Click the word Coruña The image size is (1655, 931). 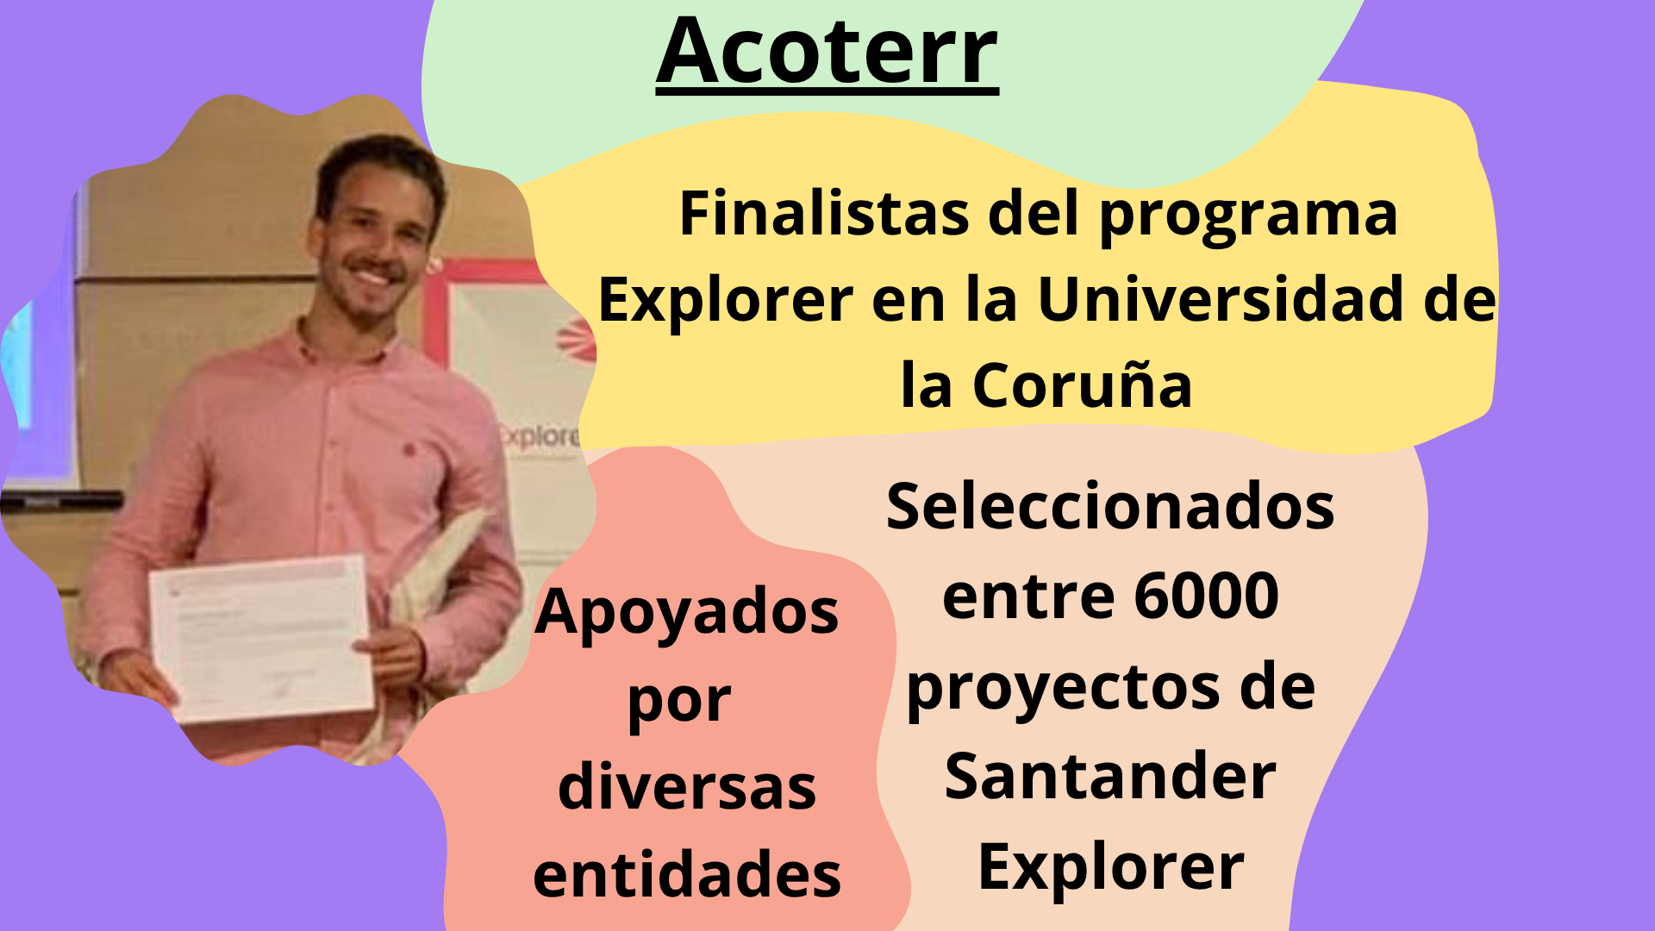click(1083, 384)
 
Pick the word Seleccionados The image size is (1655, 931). click(1110, 506)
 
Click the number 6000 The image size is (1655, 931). click(1207, 596)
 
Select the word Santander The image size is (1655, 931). click(1110, 776)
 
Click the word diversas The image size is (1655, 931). click(687, 786)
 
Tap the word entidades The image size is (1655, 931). click(687, 874)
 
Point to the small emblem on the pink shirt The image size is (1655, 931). click(409, 448)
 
